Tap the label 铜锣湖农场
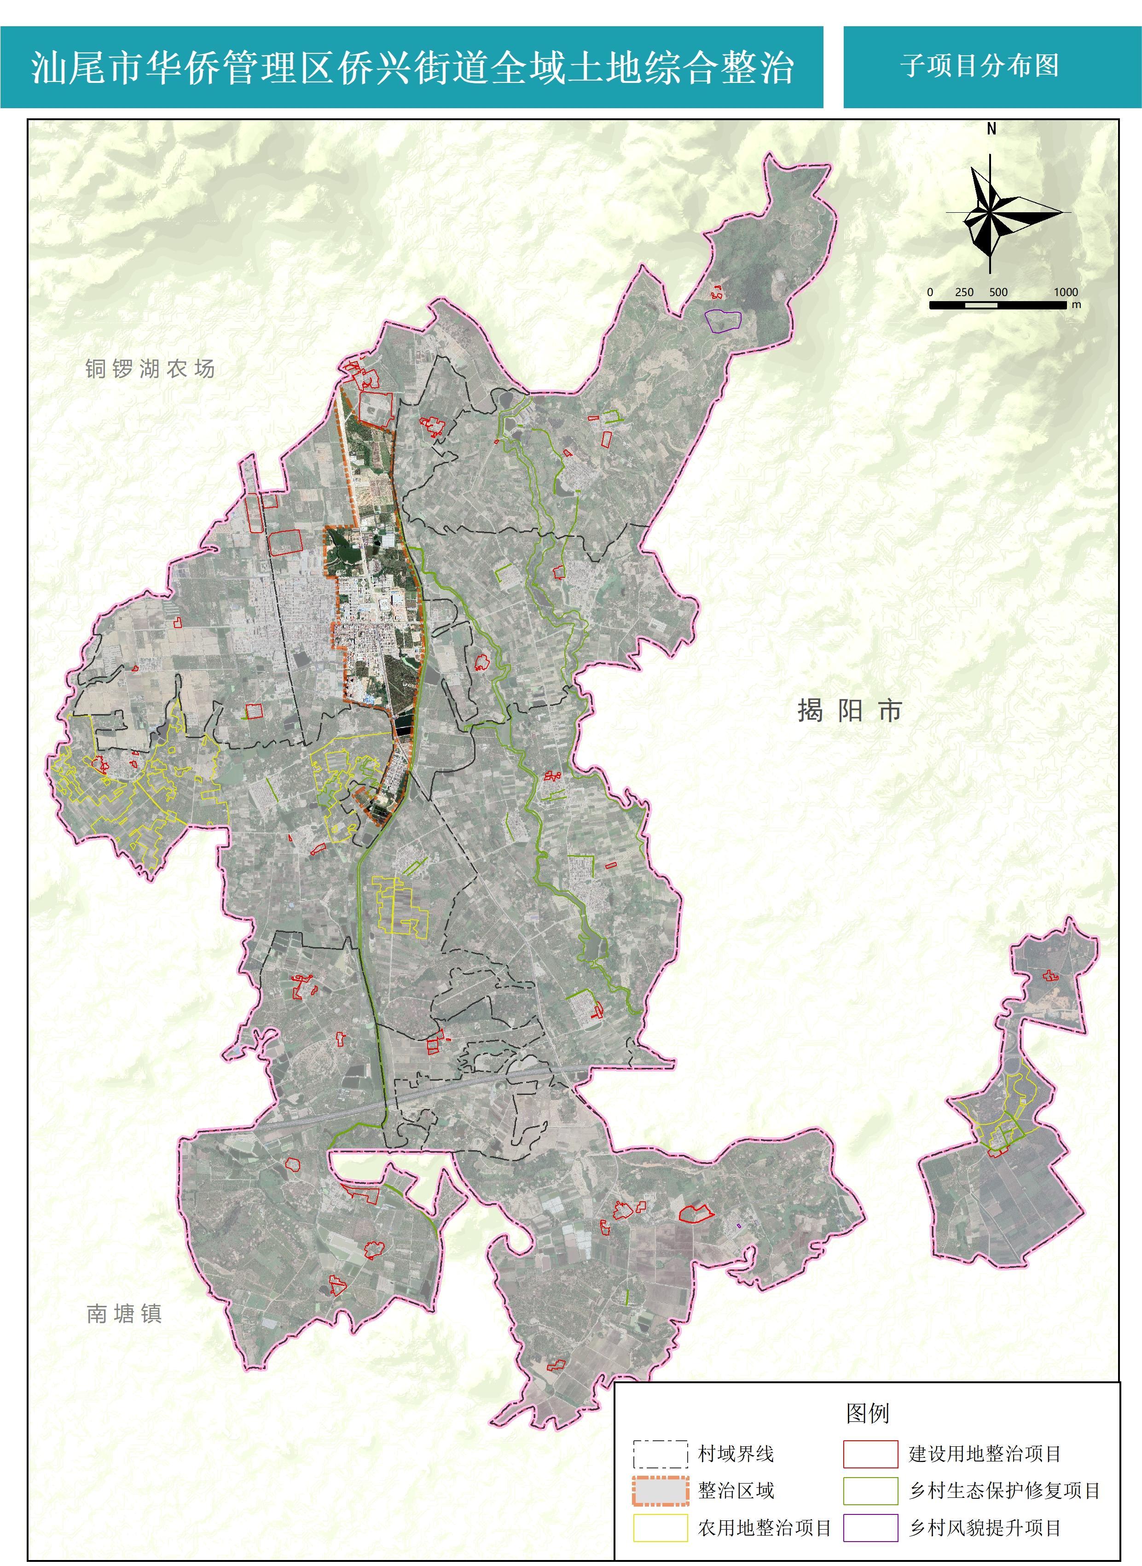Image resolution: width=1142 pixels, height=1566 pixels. (x=150, y=368)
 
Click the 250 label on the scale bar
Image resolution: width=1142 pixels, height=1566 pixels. (x=964, y=292)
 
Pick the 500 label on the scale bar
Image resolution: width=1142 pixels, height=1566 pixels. (x=998, y=292)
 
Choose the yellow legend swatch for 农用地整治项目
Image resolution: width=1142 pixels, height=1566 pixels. (x=660, y=1527)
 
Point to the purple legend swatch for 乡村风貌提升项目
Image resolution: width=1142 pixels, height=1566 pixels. (x=870, y=1527)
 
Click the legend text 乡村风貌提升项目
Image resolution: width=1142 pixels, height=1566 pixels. (x=985, y=1527)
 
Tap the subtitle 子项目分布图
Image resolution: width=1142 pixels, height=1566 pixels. (x=980, y=66)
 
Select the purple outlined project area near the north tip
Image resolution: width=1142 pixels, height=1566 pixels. (x=723, y=320)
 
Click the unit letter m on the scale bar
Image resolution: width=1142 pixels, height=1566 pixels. (x=1076, y=305)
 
